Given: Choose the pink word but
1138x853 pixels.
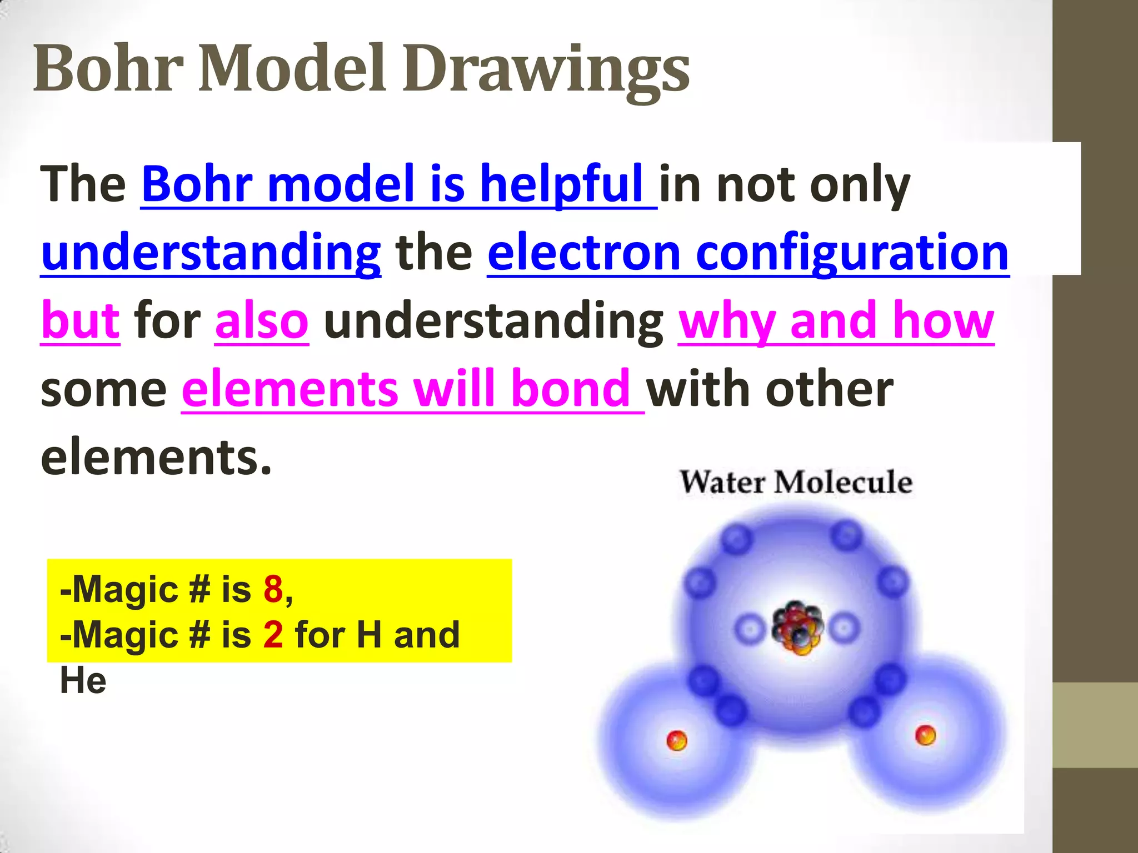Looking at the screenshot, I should tap(81, 321).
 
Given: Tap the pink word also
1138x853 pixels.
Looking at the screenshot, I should tap(261, 321).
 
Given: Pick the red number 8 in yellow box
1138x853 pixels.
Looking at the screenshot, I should tap(273, 589).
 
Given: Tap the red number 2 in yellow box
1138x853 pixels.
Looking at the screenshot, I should tap(273, 635).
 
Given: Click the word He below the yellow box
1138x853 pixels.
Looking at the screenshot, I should tap(83, 681).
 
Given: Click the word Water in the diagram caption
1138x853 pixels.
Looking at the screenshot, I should tap(721, 482).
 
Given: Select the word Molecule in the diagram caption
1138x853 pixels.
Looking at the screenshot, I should tap(843, 482).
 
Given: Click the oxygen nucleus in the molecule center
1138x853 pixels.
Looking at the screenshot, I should tap(796, 628).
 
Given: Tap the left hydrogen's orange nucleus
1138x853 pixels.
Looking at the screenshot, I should tap(677, 740).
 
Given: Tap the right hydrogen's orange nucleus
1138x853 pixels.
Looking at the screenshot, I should tap(925, 735).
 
